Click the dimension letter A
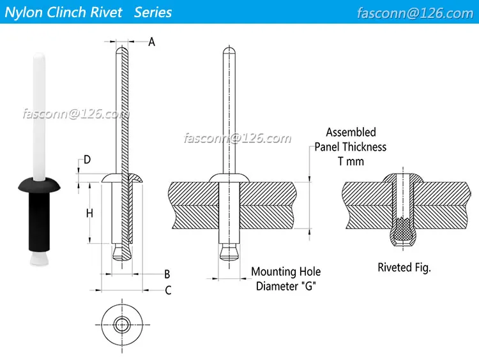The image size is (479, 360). point(152,42)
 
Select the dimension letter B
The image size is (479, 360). point(167,274)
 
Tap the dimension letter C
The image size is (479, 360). point(168,290)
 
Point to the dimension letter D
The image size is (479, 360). point(87,159)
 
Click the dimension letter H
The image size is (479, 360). point(89,213)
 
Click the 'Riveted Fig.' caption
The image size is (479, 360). point(404,267)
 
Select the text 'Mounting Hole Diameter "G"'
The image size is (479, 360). point(285,279)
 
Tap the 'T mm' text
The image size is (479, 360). point(351,161)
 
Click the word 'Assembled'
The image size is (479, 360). point(351,132)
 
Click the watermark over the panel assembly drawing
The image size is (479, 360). point(237,139)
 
